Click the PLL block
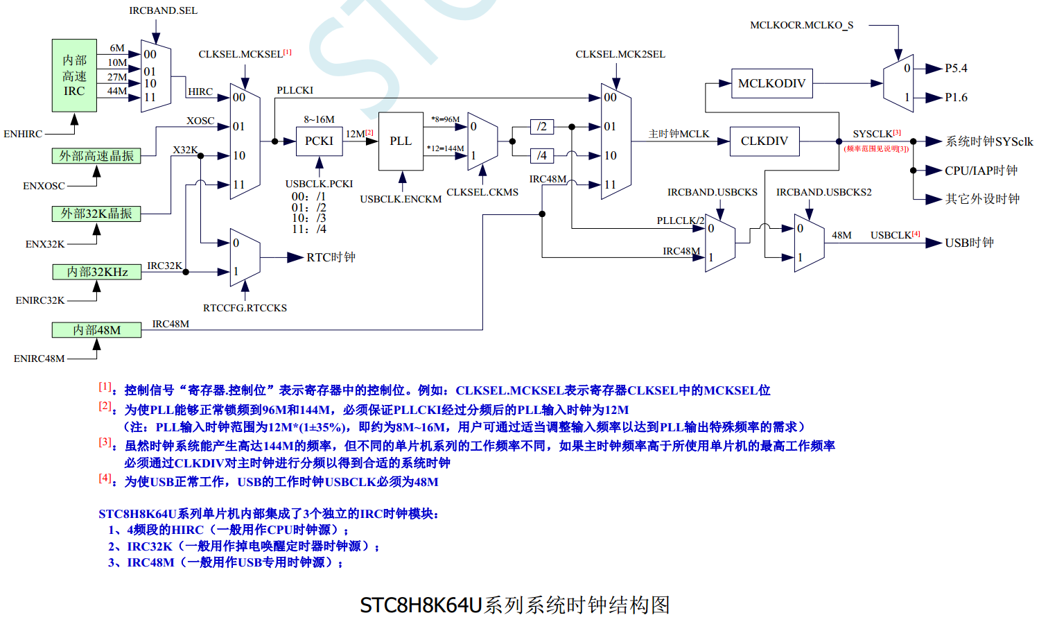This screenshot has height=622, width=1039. tap(401, 141)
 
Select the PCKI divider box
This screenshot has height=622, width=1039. tap(319, 141)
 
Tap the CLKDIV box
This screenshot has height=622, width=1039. tap(764, 141)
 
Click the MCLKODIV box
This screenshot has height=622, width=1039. tap(771, 84)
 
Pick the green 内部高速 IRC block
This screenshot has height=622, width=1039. tap(74, 76)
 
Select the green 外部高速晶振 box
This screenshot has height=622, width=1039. tap(96, 156)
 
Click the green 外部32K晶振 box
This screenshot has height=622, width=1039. tap(96, 214)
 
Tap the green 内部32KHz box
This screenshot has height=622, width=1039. tap(97, 272)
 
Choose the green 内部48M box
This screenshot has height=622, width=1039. tap(97, 330)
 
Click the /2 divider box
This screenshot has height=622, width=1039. tap(542, 127)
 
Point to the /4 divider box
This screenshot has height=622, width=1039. tap(542, 156)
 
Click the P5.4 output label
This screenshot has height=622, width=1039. tap(956, 69)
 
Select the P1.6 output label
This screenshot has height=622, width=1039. tap(956, 98)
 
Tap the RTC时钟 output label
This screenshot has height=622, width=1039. tap(331, 258)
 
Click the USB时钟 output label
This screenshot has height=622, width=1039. tap(969, 243)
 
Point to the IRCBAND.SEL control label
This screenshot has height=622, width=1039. tap(163, 11)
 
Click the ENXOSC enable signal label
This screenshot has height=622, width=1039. tap(44, 186)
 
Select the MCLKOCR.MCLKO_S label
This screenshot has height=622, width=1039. tap(801, 26)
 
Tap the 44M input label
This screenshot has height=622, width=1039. tap(117, 91)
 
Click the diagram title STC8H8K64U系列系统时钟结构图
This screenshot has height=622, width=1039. tap(515, 605)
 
